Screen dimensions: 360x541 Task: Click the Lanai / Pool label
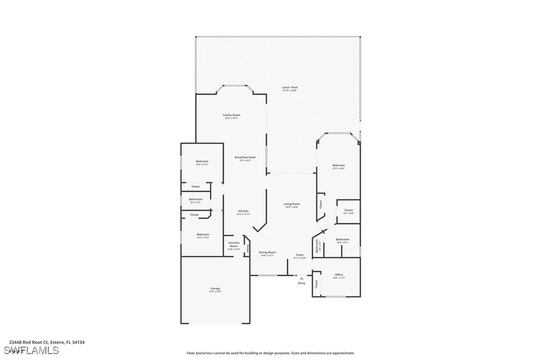tap(290, 88)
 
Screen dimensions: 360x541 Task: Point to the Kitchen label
tap(242, 211)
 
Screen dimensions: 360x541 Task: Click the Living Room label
tap(292, 204)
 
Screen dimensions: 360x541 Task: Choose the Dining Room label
tap(267, 252)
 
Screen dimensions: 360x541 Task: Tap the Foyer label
tap(300, 255)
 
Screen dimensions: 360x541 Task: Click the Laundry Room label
tap(233, 244)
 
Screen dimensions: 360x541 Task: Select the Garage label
tap(215, 288)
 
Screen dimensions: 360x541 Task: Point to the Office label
tap(339, 274)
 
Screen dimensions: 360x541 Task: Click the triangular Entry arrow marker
tap(302, 278)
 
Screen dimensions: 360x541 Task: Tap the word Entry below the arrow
tap(302, 283)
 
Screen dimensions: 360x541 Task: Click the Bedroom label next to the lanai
tap(339, 166)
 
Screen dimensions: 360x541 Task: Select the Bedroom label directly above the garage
tap(203, 234)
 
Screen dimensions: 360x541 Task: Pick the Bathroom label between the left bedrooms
tap(195, 199)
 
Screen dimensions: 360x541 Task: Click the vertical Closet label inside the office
tap(316, 284)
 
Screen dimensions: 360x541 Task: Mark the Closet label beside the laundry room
tap(247, 249)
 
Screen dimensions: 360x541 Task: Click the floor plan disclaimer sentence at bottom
tap(270, 353)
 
